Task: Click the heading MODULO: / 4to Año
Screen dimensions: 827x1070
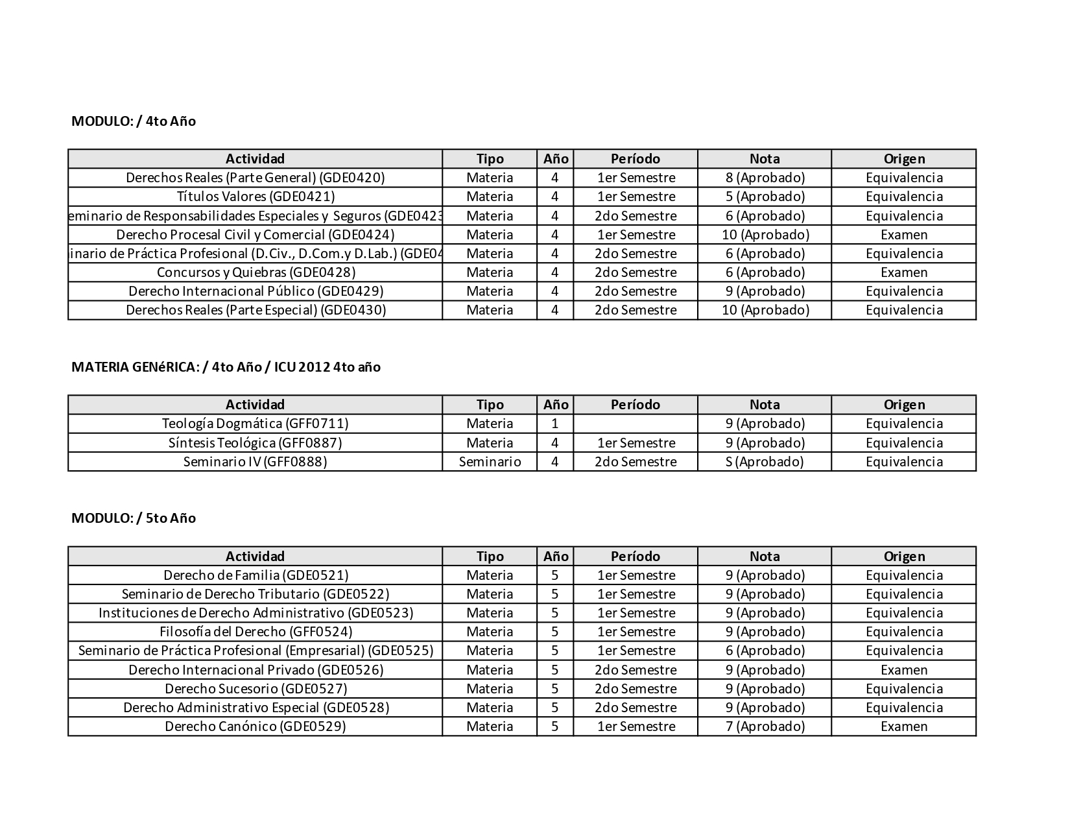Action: coord(134,121)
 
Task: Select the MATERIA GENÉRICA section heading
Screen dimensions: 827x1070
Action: coord(226,367)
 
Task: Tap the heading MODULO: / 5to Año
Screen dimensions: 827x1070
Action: coord(134,518)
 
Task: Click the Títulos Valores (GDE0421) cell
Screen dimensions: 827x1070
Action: coord(256,197)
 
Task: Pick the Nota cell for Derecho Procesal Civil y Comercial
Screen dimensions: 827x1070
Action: coord(765,235)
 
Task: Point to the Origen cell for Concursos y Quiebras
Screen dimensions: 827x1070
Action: coord(903,272)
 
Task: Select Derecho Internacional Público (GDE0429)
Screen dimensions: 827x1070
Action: coord(256,291)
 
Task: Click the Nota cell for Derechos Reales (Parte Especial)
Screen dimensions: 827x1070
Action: coord(765,310)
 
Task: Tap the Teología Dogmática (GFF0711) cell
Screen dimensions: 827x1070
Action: coord(256,424)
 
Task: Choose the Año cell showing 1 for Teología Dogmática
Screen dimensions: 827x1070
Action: coord(554,424)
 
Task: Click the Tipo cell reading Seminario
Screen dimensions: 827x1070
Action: coord(490,462)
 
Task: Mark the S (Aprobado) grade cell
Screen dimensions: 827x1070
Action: coord(765,462)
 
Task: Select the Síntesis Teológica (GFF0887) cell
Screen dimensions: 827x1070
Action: coord(256,443)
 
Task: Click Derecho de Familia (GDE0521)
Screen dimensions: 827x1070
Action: coord(256,575)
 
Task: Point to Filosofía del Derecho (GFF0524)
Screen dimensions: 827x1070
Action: coord(256,632)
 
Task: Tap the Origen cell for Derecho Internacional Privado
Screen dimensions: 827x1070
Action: coord(903,670)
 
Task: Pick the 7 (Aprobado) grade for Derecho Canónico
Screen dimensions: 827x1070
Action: coord(765,726)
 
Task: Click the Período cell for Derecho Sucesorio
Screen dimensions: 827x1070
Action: coord(636,689)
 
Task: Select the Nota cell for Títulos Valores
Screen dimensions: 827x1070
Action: coord(765,197)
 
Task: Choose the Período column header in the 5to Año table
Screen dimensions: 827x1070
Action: coord(636,557)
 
